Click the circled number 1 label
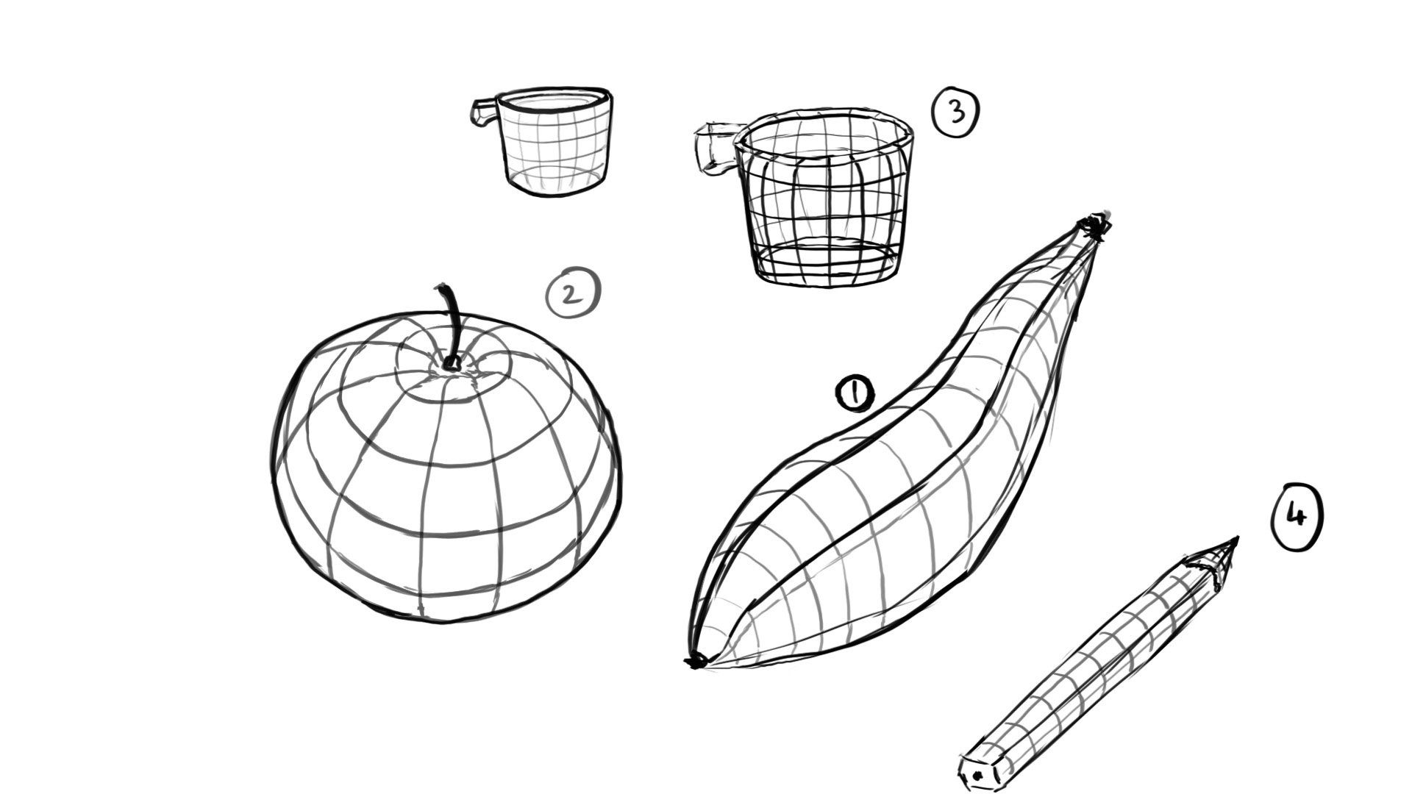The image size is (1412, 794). (855, 394)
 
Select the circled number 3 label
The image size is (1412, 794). (955, 112)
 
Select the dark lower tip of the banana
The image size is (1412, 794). (695, 662)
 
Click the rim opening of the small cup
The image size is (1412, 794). (553, 101)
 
